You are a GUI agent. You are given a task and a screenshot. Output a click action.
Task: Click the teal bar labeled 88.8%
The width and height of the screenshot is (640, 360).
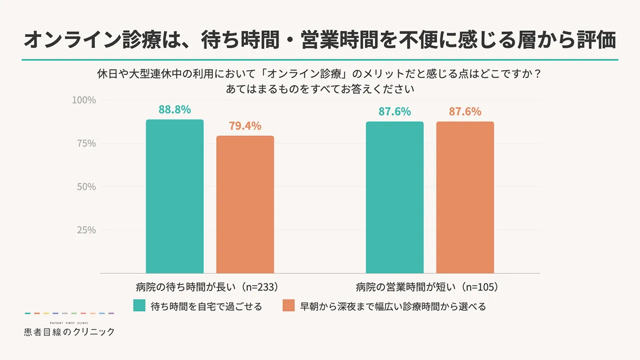(174, 196)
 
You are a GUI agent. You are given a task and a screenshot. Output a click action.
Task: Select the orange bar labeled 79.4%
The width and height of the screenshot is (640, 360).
(245, 204)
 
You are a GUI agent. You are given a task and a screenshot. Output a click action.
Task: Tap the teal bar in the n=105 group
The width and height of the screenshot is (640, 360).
(394, 197)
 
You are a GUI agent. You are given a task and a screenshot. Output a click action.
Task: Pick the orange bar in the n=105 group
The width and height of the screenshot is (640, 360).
(465, 197)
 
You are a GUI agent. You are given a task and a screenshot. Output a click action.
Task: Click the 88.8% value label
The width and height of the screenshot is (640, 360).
(174, 109)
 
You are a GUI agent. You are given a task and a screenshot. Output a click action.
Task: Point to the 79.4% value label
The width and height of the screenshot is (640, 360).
(245, 126)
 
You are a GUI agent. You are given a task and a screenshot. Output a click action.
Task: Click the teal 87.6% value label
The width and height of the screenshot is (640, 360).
(394, 111)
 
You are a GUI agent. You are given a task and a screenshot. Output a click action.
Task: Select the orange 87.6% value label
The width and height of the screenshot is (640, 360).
(465, 111)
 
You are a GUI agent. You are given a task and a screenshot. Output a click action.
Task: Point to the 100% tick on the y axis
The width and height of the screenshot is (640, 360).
(83, 100)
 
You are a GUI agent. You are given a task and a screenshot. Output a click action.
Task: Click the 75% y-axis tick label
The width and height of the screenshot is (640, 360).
(86, 143)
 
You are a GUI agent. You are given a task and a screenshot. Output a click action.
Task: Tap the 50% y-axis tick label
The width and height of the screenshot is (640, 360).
(86, 187)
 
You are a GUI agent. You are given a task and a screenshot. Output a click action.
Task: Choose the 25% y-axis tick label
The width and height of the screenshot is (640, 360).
(86, 230)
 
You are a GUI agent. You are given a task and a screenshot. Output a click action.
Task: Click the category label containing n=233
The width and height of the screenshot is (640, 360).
(207, 287)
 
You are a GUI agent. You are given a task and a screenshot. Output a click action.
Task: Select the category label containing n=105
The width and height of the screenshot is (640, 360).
(427, 287)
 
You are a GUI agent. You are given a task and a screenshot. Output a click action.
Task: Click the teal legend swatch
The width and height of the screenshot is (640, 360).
(139, 305)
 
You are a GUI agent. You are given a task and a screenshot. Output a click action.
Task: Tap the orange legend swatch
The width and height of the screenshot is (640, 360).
(288, 305)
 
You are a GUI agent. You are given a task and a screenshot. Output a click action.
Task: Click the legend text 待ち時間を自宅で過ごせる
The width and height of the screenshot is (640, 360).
(206, 306)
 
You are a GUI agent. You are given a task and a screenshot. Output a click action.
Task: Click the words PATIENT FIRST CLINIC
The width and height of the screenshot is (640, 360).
(69, 323)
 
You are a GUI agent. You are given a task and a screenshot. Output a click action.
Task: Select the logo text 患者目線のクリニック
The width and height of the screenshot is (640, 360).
(69, 331)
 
